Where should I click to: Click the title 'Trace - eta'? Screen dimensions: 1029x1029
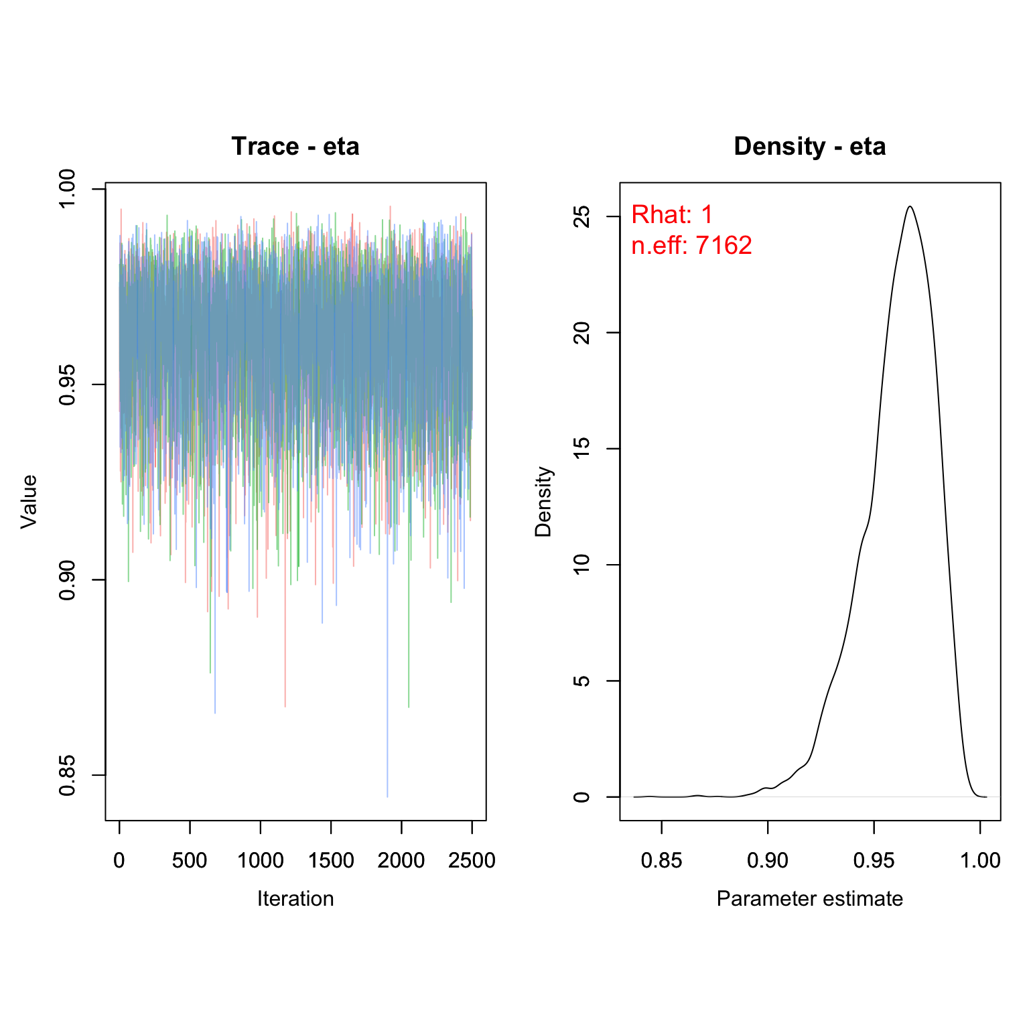point(295,147)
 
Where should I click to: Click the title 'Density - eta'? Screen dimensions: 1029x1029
point(809,147)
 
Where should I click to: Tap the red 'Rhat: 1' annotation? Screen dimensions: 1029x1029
point(672,215)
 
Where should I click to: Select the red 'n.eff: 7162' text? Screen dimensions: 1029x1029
point(691,246)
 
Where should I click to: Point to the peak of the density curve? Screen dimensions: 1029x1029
point(910,206)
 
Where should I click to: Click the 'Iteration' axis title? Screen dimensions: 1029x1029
point(295,898)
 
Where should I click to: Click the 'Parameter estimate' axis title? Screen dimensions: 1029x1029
point(809,898)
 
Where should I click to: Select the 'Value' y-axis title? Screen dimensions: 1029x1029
point(29,501)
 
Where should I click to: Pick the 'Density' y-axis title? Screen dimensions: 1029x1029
point(543,501)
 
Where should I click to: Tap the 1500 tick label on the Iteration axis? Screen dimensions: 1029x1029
point(331,860)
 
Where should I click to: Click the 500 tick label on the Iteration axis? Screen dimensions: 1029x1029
point(190,860)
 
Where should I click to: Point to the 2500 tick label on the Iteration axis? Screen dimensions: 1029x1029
point(472,860)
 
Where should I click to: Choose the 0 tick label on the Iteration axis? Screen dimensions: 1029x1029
point(119,860)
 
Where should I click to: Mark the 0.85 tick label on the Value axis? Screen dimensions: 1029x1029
point(67,775)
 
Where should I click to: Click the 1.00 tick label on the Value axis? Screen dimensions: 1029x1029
point(67,189)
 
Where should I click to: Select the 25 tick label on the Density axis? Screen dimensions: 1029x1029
point(582,216)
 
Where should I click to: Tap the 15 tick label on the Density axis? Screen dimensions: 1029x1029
point(582,449)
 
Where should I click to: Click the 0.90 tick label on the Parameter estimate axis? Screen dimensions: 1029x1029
point(768,860)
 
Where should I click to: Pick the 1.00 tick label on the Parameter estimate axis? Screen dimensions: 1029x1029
point(980,860)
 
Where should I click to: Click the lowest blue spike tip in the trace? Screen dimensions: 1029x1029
point(387,796)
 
